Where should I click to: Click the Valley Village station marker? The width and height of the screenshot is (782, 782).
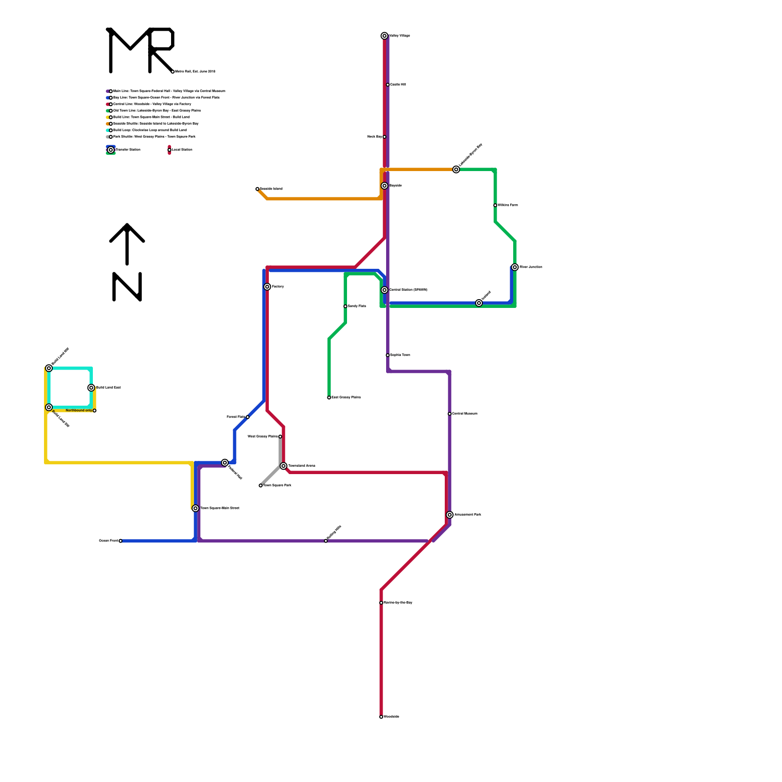[x=385, y=36]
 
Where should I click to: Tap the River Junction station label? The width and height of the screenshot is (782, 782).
[x=531, y=267]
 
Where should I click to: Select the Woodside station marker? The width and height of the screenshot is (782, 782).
[x=381, y=717]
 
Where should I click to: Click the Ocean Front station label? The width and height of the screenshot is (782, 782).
[x=108, y=541]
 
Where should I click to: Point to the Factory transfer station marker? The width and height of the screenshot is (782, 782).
[x=267, y=287]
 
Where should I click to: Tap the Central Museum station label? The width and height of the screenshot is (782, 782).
[x=465, y=414]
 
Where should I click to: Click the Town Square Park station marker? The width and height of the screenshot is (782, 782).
[x=261, y=486]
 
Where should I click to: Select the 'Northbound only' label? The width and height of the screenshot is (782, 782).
[x=79, y=411]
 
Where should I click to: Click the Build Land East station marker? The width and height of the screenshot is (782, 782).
[x=91, y=388]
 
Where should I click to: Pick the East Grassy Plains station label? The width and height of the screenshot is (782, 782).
[x=346, y=397]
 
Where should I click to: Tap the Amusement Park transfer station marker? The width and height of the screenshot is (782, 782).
[x=450, y=515]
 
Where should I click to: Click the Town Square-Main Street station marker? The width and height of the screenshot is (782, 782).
[x=195, y=508]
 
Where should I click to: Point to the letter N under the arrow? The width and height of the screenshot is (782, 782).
[x=127, y=287]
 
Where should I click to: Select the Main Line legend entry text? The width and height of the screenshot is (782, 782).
[x=169, y=91]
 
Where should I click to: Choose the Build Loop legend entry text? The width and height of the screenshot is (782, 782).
[x=150, y=130]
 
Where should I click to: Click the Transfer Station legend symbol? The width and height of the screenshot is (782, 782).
[x=111, y=150]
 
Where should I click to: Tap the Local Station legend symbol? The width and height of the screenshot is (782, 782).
[x=169, y=150]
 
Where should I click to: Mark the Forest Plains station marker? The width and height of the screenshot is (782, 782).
[x=248, y=417]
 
